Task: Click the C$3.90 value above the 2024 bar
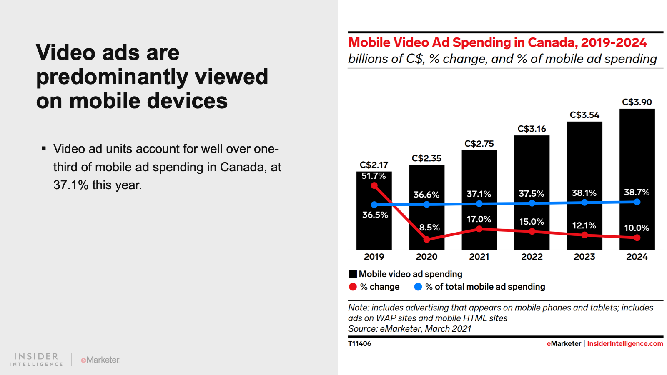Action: pyautogui.click(x=637, y=102)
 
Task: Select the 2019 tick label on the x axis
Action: pyautogui.click(x=374, y=257)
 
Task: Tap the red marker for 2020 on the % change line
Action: pyautogui.click(x=426, y=239)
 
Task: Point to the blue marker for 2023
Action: pyautogui.click(x=584, y=202)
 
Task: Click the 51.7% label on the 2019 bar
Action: pyautogui.click(x=374, y=176)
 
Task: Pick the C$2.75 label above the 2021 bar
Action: pyautogui.click(x=479, y=144)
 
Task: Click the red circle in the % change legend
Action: pyautogui.click(x=353, y=287)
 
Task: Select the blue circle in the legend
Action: pyautogui.click(x=418, y=287)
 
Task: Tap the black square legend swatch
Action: pyautogui.click(x=353, y=274)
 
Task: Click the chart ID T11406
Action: pyautogui.click(x=359, y=343)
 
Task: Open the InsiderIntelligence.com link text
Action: pyautogui.click(x=625, y=343)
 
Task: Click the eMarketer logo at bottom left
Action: pyautogui.click(x=100, y=360)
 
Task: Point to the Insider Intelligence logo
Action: pyautogui.click(x=36, y=359)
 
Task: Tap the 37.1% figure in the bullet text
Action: pyautogui.click(x=71, y=185)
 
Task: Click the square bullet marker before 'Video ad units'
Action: pyautogui.click(x=44, y=148)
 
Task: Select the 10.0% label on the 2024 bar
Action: pyautogui.click(x=637, y=228)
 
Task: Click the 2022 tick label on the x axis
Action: pyautogui.click(x=532, y=257)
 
